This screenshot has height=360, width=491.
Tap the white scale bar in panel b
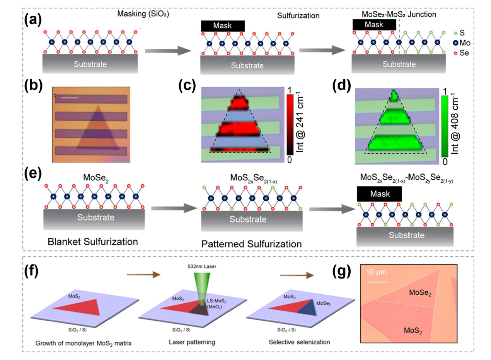tap(70, 97)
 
